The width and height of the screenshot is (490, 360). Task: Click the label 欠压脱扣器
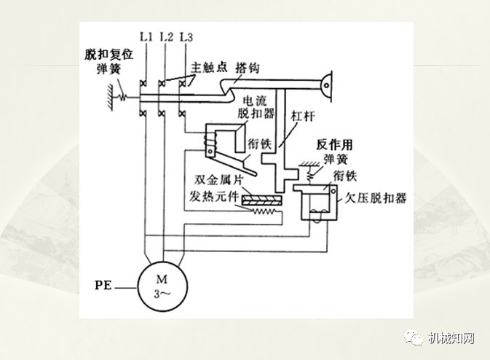(376, 197)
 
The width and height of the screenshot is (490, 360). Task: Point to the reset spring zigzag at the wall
(124, 96)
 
